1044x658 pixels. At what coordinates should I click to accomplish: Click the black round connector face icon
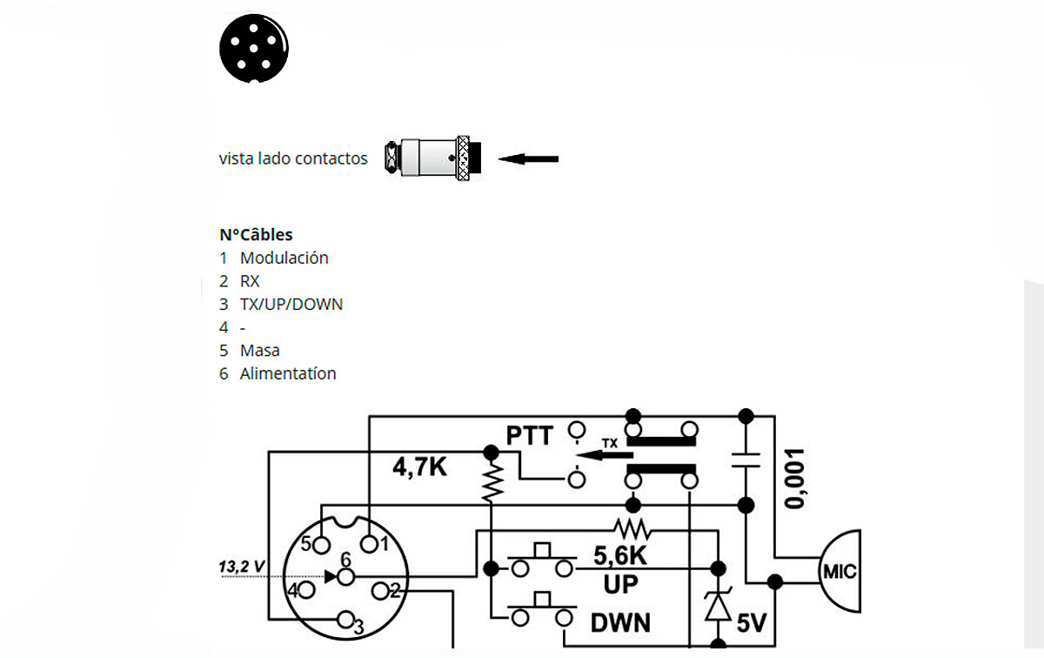click(253, 50)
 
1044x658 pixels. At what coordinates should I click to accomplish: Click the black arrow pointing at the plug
click(529, 159)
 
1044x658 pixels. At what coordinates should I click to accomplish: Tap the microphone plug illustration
click(432, 158)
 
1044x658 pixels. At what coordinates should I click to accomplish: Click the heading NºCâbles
click(256, 234)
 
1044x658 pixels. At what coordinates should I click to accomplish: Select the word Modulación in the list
click(284, 258)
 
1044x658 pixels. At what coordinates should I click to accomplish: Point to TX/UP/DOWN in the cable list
click(291, 304)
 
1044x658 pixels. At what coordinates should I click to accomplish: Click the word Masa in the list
click(260, 350)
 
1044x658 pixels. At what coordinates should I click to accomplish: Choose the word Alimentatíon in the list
click(288, 373)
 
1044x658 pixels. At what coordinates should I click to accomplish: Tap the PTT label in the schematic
click(530, 435)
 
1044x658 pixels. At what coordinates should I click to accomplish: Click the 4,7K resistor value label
click(420, 467)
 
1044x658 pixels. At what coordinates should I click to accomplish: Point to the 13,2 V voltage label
click(242, 567)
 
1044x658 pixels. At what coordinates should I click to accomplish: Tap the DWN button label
click(621, 622)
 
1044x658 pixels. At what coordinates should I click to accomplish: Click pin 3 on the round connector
click(346, 621)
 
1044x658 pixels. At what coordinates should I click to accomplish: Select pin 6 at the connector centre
click(346, 576)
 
